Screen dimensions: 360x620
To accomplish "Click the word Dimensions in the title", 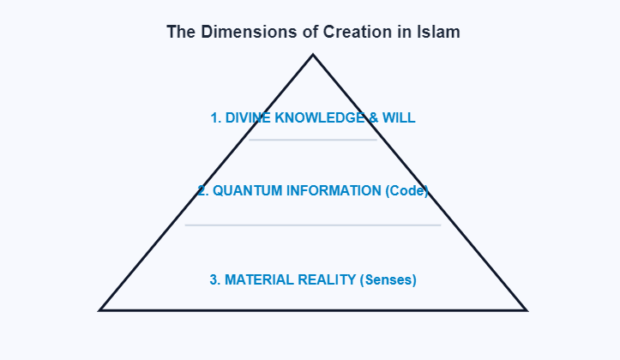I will click(236, 33).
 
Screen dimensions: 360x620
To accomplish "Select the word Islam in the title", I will click(439, 33).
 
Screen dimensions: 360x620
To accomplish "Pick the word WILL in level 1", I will click(399, 118).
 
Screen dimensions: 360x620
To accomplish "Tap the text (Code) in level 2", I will click(407, 191).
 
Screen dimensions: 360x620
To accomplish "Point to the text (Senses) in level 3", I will click(388, 279).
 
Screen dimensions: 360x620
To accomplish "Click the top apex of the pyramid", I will click(313, 56).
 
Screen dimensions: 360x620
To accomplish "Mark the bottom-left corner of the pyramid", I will click(100, 309).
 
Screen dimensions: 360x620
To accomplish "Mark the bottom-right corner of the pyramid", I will click(526, 309).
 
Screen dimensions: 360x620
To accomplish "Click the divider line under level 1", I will click(313, 140).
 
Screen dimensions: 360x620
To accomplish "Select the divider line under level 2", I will click(313, 225).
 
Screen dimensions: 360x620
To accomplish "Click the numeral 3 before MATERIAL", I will click(214, 279).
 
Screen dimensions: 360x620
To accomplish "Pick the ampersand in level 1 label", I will click(372, 118).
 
